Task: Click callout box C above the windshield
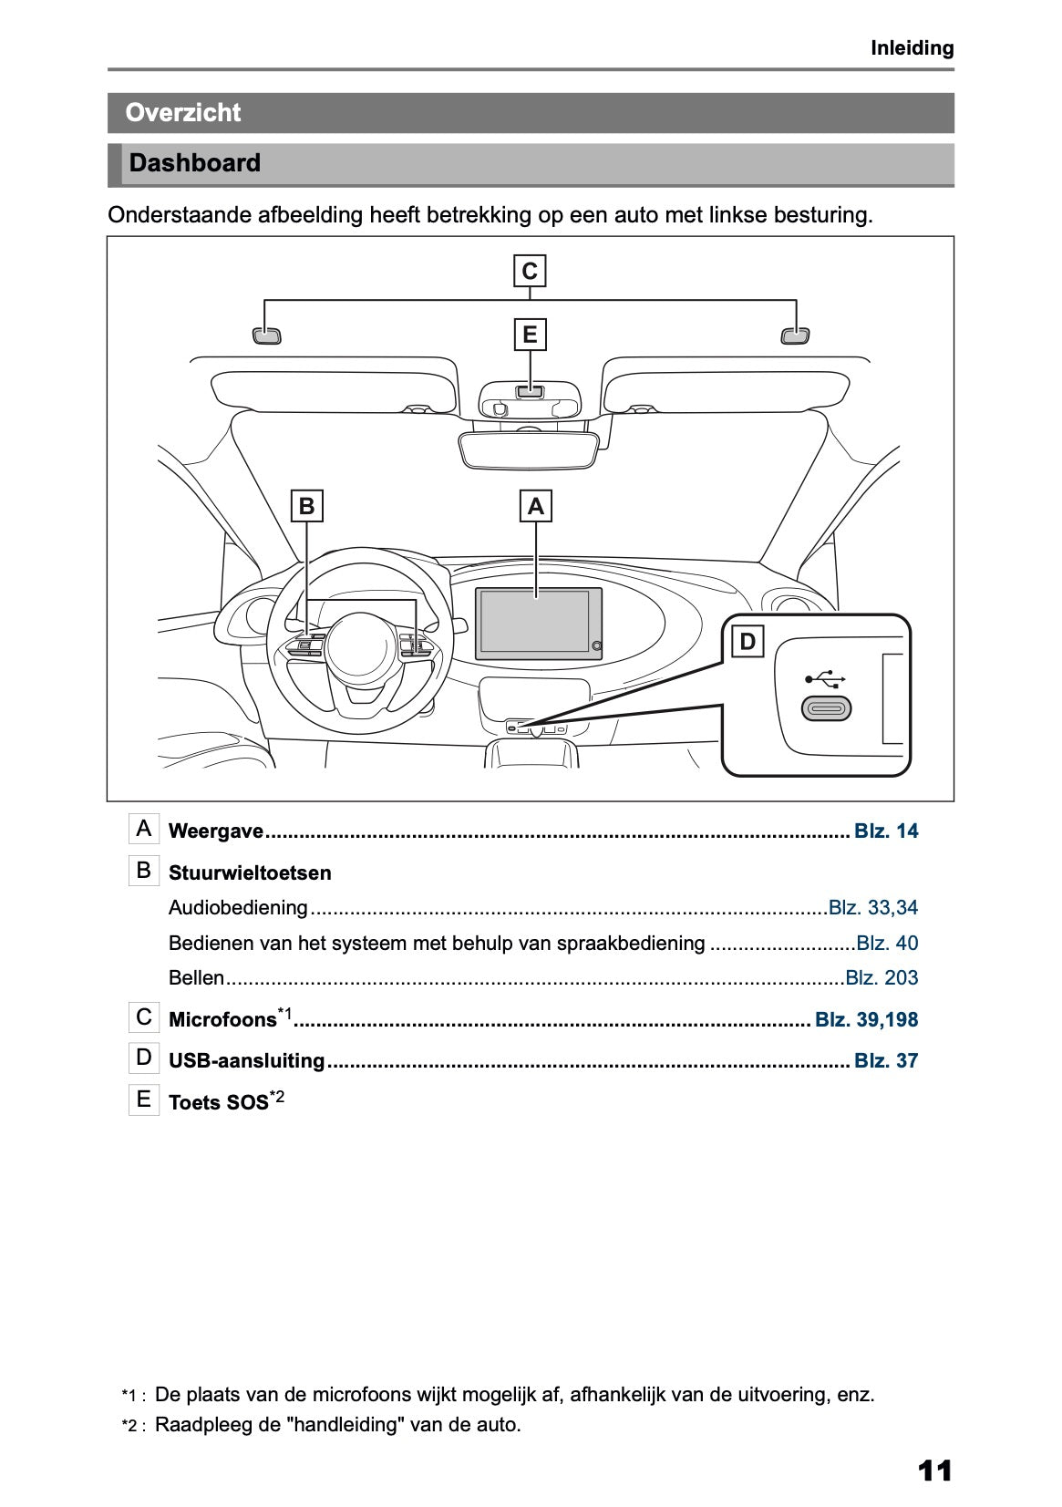530,272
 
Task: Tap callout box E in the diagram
530,335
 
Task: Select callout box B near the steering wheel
307,506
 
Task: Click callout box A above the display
536,506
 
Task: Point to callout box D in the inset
748,642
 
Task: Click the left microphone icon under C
266,335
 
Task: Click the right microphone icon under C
796,335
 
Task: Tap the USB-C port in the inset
826,708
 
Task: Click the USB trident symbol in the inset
826,679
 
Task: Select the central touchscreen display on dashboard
536,623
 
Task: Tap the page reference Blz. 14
886,831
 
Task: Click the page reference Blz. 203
882,978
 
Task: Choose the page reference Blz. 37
886,1061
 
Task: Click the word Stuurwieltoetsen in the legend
250,873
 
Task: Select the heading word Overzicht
183,113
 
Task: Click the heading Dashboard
194,164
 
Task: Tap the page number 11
934,1471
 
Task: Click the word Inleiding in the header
912,48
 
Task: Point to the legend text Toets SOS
219,1103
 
